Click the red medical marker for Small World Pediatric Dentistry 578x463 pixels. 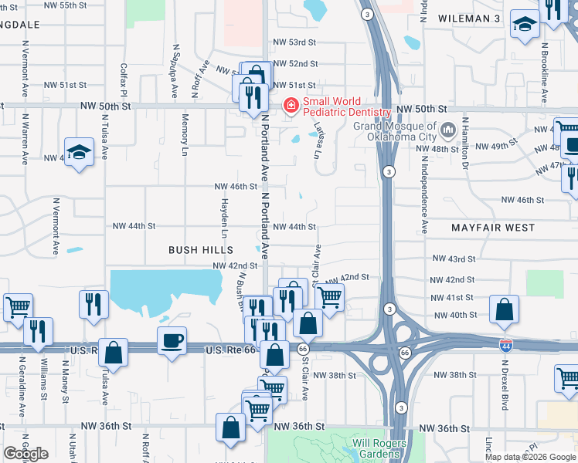(x=291, y=106)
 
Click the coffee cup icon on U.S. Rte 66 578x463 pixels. (x=172, y=340)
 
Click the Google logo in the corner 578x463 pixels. (x=26, y=454)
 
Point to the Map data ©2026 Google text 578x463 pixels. (x=530, y=457)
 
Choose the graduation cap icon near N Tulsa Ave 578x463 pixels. (x=79, y=153)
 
